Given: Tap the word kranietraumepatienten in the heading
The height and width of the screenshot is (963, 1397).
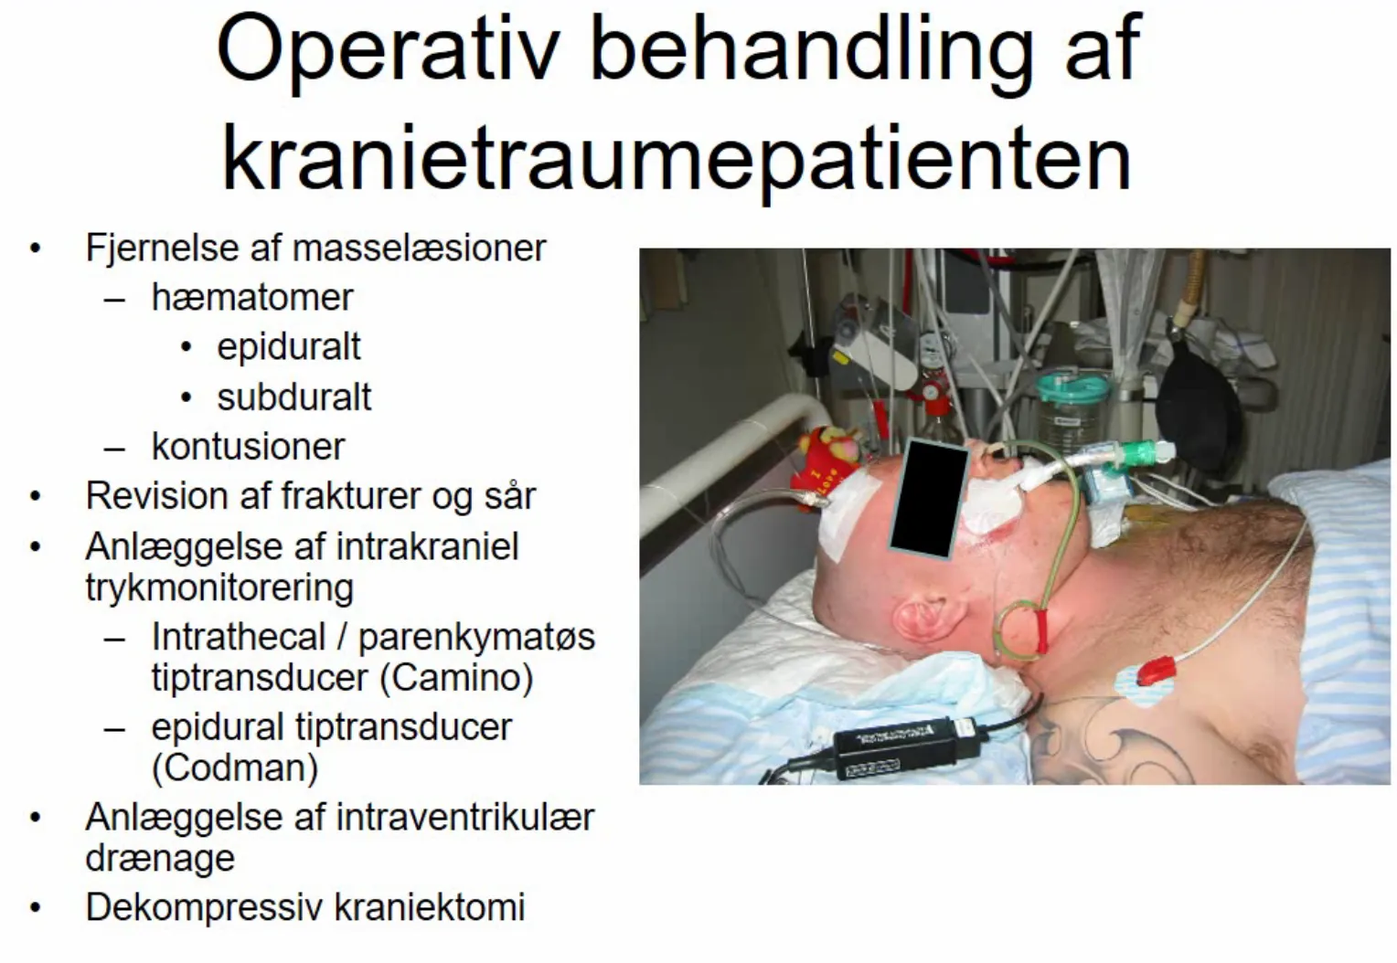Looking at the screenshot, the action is pyautogui.click(x=677, y=160).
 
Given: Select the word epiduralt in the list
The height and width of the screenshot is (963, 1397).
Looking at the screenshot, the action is pyautogui.click(x=289, y=348).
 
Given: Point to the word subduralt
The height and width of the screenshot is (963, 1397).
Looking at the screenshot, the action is pyautogui.click(x=293, y=397).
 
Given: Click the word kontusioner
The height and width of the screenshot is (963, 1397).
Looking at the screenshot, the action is pyautogui.click(x=248, y=446).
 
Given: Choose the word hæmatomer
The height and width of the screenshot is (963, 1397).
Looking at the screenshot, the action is pyautogui.click(x=252, y=298).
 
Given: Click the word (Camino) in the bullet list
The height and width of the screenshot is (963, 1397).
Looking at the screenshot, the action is pyautogui.click(x=457, y=678).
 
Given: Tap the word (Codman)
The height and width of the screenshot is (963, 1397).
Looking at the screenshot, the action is pyautogui.click(x=235, y=767).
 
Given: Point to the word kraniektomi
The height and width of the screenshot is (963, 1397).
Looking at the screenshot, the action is pyautogui.click(x=430, y=907).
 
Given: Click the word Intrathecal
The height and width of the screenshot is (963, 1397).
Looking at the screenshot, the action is pyautogui.click(x=239, y=637).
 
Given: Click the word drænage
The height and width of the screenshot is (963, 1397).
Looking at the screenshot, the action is pyautogui.click(x=160, y=859).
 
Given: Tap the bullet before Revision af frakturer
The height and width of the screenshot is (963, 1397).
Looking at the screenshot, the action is pyautogui.click(x=35, y=497).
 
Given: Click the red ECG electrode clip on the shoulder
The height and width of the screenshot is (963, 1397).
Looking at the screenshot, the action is pyautogui.click(x=1157, y=671).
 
